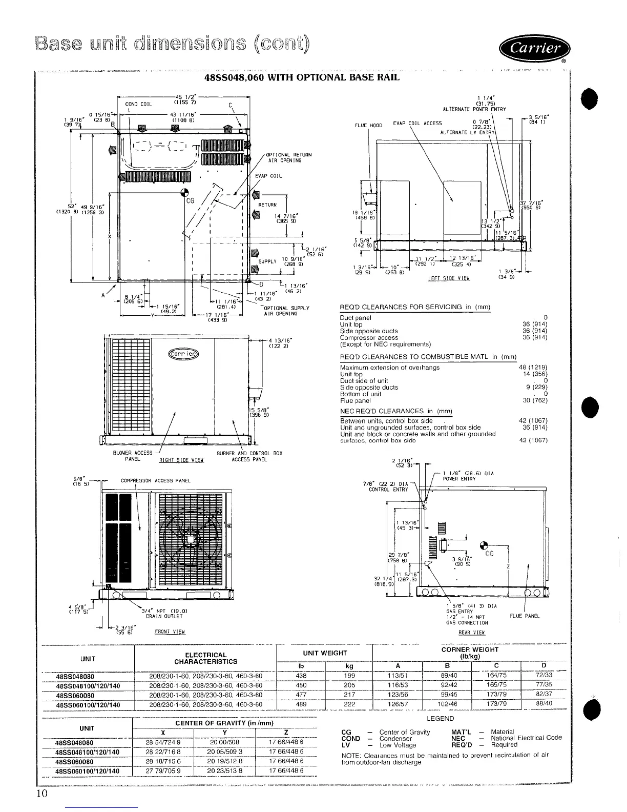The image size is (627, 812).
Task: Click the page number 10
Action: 42,794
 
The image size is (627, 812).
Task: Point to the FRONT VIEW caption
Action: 169,632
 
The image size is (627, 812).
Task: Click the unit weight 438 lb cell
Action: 301,676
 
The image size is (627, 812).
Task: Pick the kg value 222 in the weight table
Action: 349,705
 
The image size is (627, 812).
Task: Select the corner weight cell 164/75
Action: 495,676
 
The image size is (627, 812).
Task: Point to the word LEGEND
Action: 440,719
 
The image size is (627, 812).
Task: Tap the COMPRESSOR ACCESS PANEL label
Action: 155,480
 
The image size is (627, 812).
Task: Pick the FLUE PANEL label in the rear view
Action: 525,616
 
